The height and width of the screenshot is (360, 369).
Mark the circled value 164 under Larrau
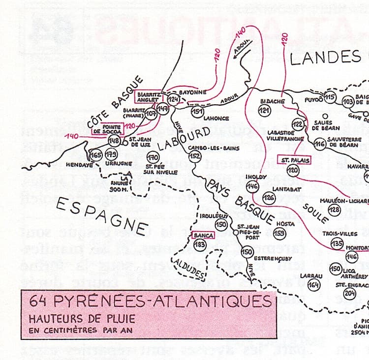[x=313, y=285]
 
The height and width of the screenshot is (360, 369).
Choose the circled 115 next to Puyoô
[x=330, y=96]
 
